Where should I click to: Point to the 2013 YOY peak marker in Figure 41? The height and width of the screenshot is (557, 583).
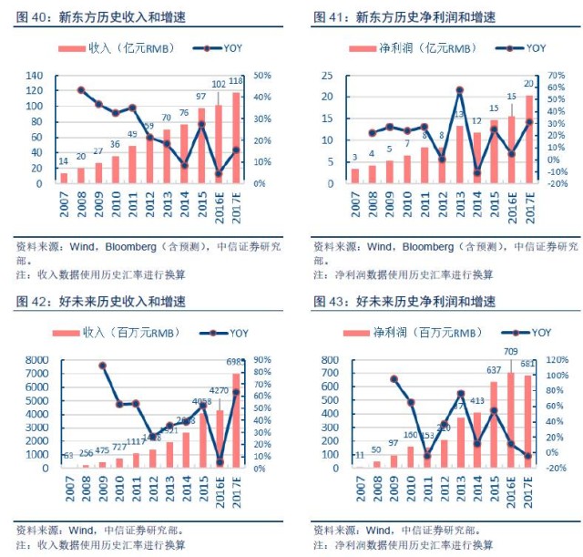460,90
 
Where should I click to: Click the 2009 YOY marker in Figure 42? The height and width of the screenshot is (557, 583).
102,366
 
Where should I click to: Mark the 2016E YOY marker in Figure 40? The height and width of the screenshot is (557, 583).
219,173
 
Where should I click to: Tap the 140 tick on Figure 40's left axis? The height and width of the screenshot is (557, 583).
36,76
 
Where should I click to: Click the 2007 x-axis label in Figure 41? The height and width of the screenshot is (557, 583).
354,202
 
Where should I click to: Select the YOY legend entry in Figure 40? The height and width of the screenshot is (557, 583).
218,47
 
